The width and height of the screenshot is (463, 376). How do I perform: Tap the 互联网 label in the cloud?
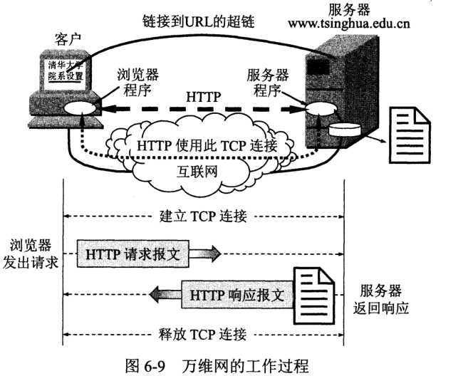tap(197, 172)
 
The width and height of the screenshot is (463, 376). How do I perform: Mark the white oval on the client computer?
tap(78, 109)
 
